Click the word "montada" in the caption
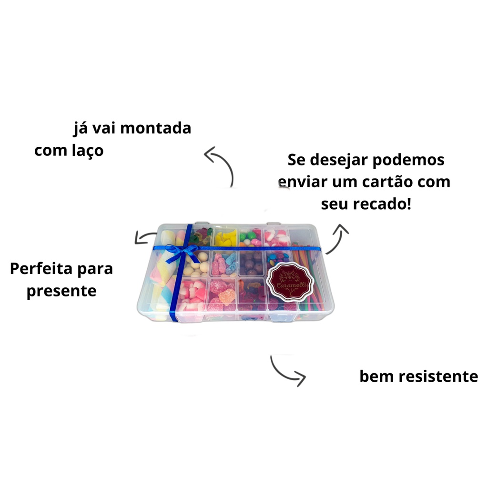coord(155,128)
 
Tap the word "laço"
coord(88,151)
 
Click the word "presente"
coord(61,292)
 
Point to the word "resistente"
coord(438,376)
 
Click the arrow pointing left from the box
coord(144,237)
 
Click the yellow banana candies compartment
coord(225,238)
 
